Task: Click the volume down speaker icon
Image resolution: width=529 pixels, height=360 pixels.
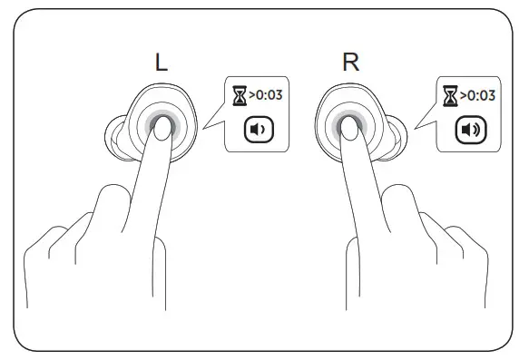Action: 259,129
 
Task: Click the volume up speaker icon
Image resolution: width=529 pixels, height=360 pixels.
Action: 469,130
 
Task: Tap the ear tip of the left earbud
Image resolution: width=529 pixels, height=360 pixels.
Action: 115,136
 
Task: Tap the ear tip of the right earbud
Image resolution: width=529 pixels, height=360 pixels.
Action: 392,137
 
